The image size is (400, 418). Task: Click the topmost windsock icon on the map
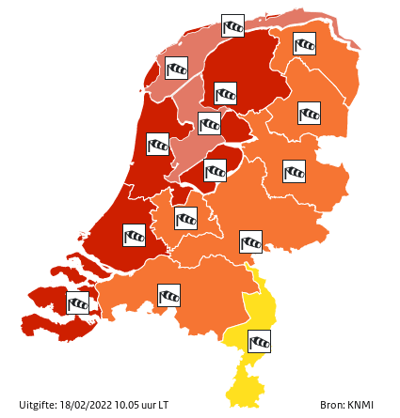[232, 25]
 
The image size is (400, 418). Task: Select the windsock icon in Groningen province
[304, 43]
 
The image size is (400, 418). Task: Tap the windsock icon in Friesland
[225, 93]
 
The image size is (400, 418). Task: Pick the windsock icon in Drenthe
[309, 113]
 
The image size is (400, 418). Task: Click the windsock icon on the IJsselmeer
[209, 123]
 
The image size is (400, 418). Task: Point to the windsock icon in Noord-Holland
[157, 144]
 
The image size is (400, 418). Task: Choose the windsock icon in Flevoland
[215, 170]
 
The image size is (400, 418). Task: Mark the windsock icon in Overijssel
[294, 171]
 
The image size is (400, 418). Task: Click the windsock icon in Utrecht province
[185, 218]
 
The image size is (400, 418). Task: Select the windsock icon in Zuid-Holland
[135, 234]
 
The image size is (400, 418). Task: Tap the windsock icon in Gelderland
[250, 241]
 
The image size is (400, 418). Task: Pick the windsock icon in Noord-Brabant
[168, 295]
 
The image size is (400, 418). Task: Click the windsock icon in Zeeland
[78, 302]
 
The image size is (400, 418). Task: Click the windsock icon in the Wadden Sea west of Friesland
[176, 68]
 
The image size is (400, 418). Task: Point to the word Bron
[330, 405]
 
